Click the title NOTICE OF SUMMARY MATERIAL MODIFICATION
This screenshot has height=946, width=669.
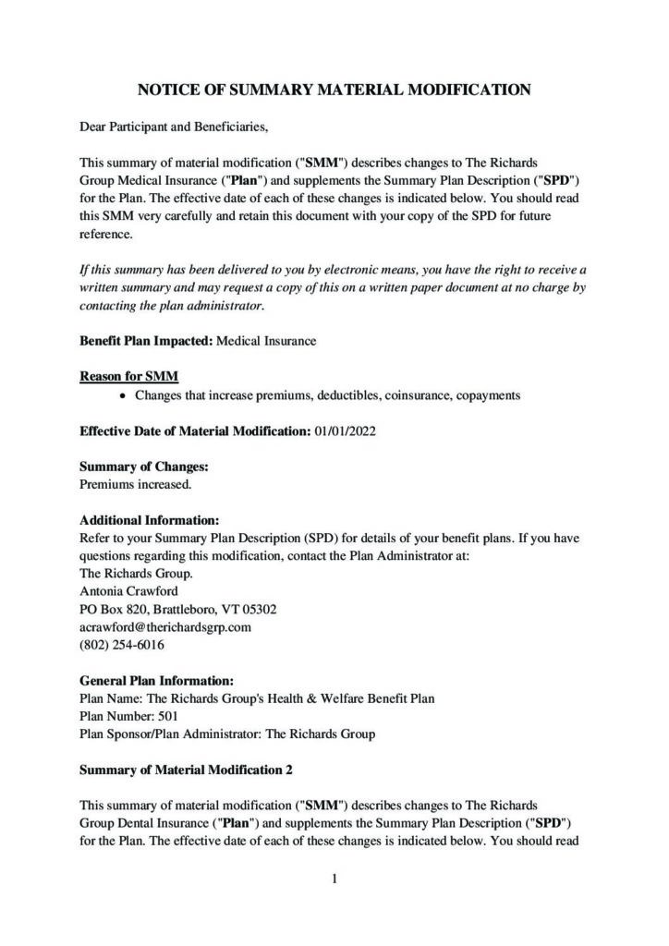pos(334,90)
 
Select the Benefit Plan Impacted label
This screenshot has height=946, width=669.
pos(146,341)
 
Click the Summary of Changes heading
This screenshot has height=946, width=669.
pos(143,467)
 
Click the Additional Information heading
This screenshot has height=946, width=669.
pos(149,520)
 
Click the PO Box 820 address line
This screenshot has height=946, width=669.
pos(177,610)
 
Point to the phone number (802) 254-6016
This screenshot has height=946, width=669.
pos(121,645)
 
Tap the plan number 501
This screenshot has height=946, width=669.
pos(168,716)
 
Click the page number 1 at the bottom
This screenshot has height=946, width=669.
pos(334,879)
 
